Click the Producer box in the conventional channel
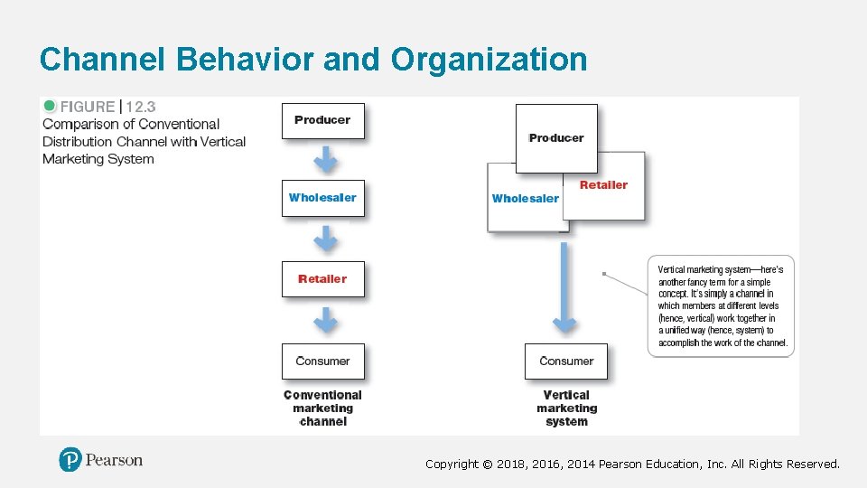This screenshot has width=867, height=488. (x=322, y=120)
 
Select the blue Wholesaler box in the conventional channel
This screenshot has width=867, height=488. (x=322, y=198)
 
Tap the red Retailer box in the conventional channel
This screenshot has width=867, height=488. (x=322, y=279)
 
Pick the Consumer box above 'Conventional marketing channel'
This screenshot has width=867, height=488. (x=322, y=361)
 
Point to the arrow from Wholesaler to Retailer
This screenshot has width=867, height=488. (x=325, y=239)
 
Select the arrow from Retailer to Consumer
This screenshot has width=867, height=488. (x=325, y=319)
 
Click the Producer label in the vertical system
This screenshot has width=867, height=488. (x=556, y=138)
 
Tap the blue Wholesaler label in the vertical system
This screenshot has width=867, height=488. (x=525, y=199)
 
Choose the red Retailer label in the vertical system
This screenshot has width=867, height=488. (x=603, y=185)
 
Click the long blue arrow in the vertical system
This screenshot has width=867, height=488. (x=564, y=285)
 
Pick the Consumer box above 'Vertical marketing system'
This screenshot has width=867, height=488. (x=566, y=361)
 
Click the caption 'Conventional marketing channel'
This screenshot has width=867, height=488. (x=322, y=408)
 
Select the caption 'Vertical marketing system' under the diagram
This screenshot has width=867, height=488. (x=566, y=408)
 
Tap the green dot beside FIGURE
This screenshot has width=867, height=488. (x=50, y=106)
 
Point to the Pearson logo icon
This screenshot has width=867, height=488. (x=70, y=460)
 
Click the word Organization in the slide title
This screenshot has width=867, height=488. (x=489, y=60)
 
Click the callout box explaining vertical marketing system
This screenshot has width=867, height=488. (x=721, y=306)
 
